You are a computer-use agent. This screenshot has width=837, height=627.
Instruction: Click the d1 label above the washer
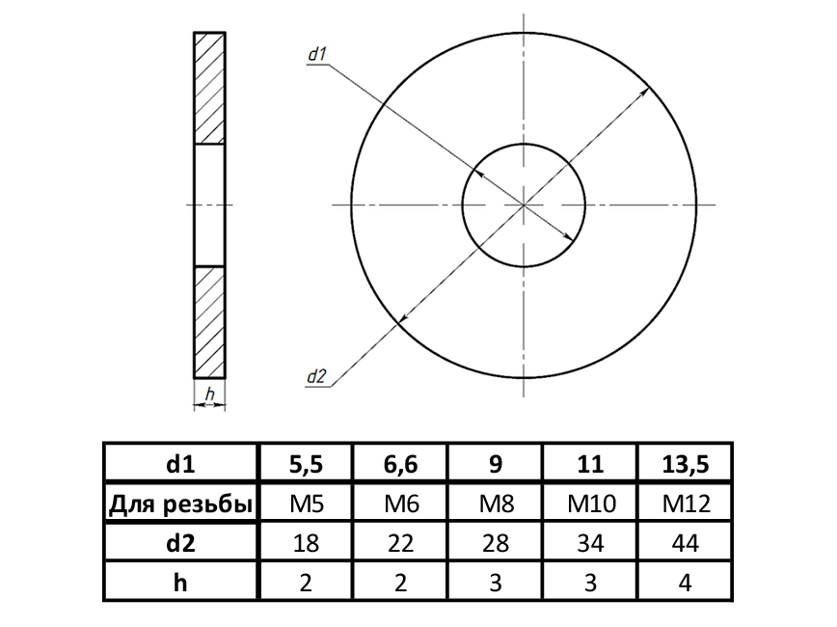(x=317, y=54)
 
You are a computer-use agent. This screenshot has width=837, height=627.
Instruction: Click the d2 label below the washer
(x=316, y=376)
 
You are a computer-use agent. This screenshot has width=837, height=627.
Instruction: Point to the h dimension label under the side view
(x=210, y=395)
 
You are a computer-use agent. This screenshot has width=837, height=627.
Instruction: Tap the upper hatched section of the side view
(x=209, y=88)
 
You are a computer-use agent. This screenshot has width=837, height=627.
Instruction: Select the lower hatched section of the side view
(x=209, y=322)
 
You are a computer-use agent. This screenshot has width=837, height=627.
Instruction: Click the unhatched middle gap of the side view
(x=209, y=205)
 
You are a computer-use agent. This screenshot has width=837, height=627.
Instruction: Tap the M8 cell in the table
(x=496, y=504)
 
